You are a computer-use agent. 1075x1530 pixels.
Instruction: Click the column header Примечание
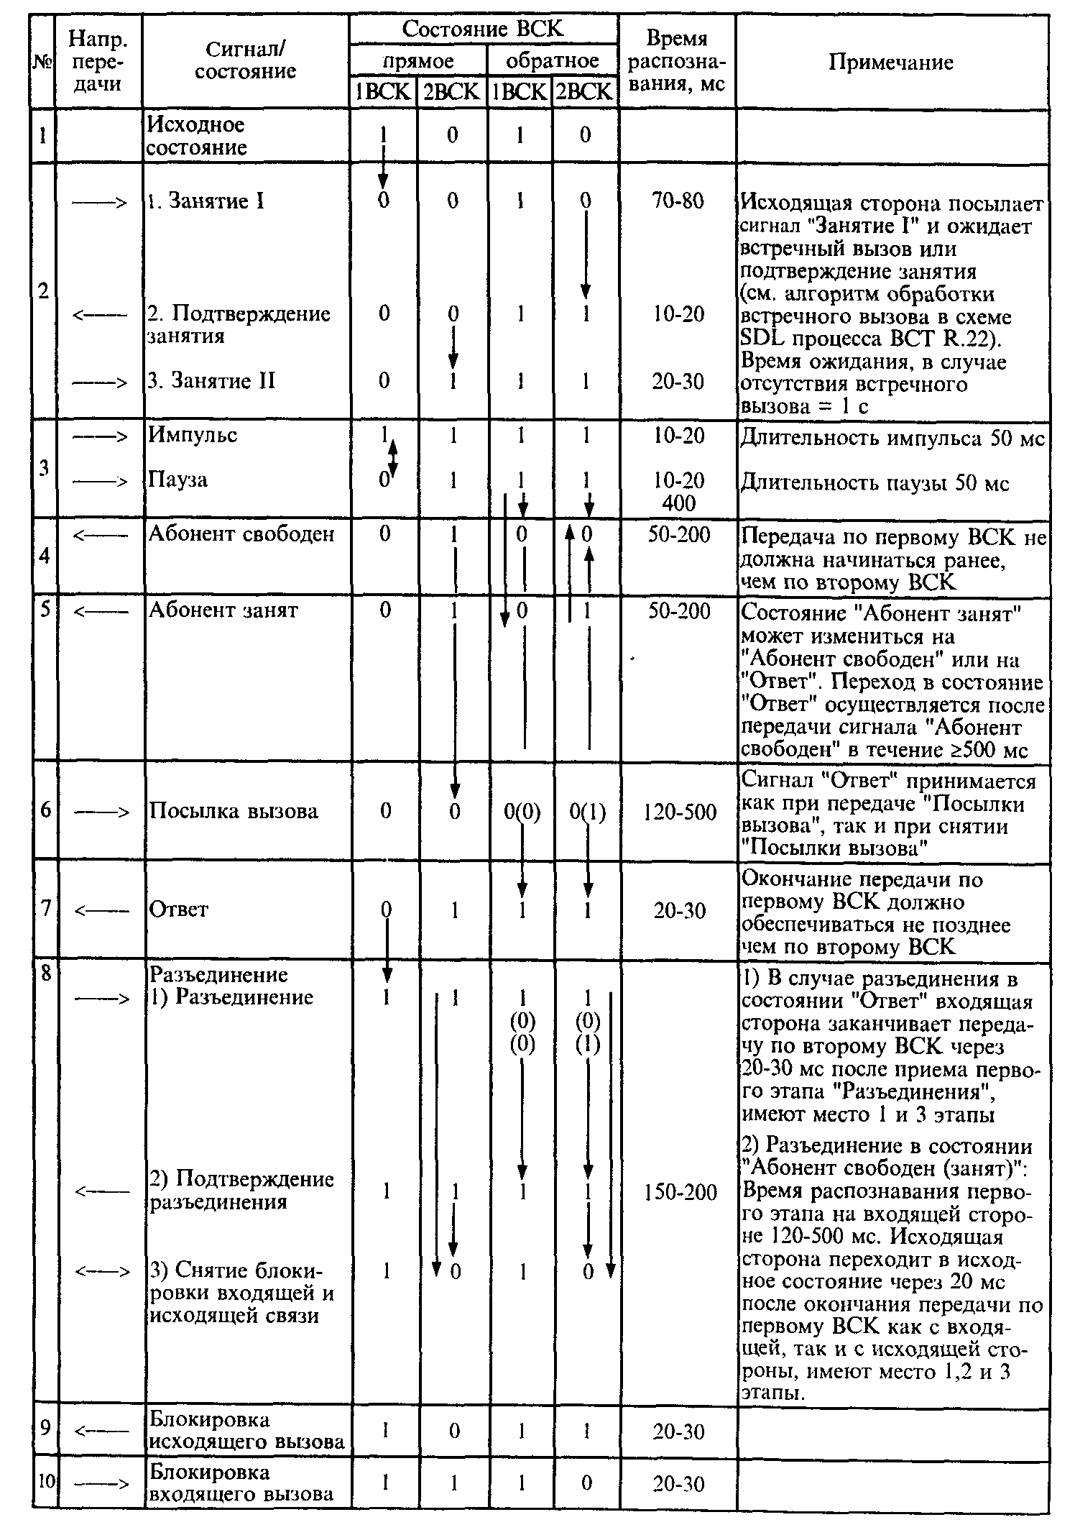[x=890, y=62]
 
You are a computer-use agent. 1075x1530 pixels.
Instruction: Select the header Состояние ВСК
[x=483, y=29]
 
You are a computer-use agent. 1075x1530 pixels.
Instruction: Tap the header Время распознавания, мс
[x=677, y=61]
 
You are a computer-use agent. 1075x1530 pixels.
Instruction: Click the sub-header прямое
[x=417, y=60]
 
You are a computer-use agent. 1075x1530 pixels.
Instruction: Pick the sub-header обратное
[x=552, y=60]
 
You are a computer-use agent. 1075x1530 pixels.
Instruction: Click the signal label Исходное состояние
[x=196, y=136]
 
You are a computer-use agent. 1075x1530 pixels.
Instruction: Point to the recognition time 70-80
[x=678, y=201]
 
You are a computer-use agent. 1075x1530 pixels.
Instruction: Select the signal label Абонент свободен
[x=241, y=534]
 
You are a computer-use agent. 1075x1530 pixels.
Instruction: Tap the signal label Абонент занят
[x=223, y=610]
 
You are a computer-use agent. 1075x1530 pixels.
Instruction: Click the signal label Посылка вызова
[x=233, y=811]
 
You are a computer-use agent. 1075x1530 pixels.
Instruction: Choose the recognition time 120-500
[x=680, y=812]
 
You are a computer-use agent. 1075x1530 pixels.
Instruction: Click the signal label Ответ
[x=178, y=910]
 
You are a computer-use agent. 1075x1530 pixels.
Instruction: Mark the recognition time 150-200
[x=680, y=1193]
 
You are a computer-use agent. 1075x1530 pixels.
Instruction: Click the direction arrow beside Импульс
[x=101, y=436]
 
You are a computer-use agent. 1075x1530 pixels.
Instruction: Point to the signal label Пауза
[x=177, y=480]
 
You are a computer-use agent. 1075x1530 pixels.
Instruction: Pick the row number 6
[x=45, y=810]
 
